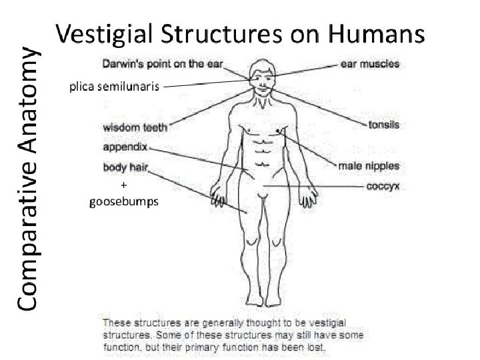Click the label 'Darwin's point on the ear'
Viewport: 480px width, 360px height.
(163, 65)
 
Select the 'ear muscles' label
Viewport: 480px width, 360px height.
(370, 65)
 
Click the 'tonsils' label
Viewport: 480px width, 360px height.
(384, 125)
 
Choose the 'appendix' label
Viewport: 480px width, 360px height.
(125, 146)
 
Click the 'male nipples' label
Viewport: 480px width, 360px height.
(369, 165)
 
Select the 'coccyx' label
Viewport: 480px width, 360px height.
(383, 187)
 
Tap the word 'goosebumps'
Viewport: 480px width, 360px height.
(123, 203)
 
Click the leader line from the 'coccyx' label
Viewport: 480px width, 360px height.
(313, 185)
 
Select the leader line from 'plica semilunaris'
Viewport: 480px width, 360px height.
(207, 84)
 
